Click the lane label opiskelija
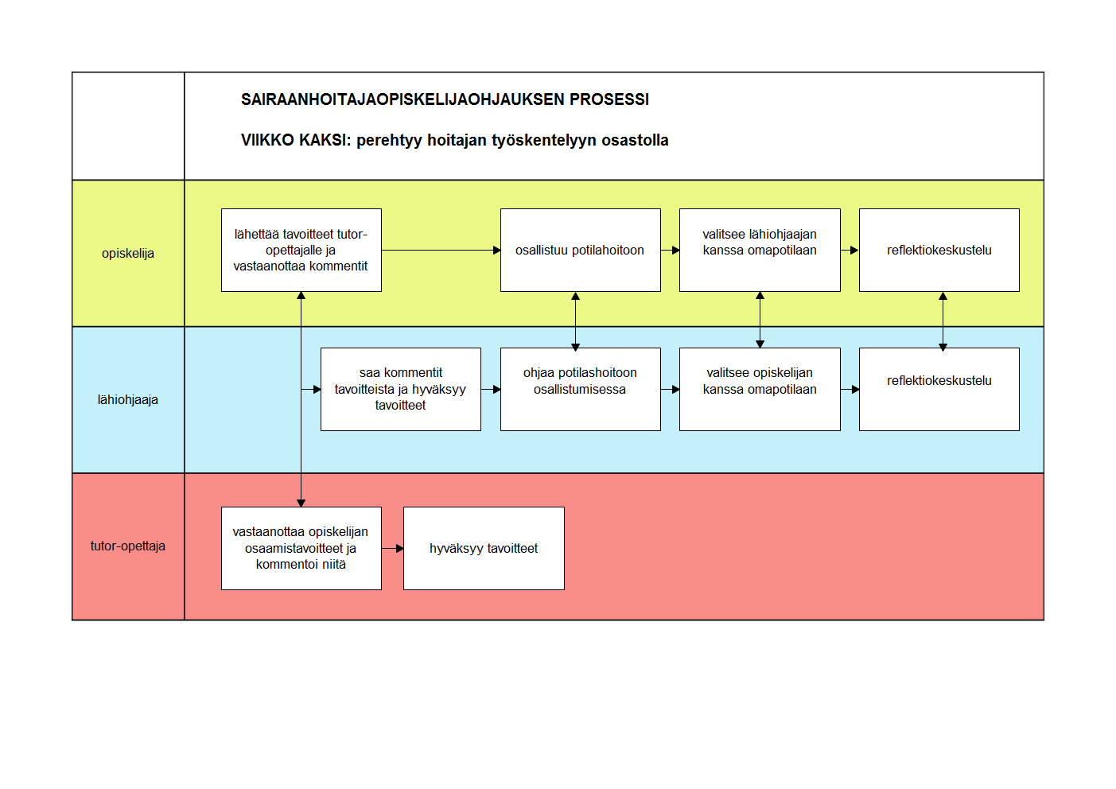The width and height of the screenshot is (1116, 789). [x=128, y=253]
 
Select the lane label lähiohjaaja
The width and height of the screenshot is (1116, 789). [x=128, y=399]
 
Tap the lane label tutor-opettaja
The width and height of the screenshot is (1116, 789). [x=128, y=546]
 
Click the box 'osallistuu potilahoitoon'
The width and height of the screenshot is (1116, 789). [x=581, y=250]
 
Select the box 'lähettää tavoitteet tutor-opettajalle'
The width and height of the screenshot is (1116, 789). [x=301, y=250]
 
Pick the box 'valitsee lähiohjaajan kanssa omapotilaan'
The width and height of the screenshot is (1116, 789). [x=760, y=250]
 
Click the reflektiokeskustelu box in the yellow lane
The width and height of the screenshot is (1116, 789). [x=939, y=250]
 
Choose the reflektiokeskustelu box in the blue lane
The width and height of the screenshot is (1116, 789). [x=939, y=389]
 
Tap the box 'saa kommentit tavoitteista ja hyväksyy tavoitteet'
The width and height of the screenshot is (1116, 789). [x=401, y=389]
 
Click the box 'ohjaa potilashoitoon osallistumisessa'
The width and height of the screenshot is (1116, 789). [x=581, y=389]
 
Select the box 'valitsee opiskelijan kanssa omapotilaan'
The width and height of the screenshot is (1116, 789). [x=760, y=389]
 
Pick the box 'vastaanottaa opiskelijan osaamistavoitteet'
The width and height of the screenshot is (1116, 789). [x=301, y=549]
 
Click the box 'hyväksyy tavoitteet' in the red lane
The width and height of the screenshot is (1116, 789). [x=484, y=549]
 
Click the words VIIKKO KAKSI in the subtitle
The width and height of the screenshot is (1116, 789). [x=296, y=140]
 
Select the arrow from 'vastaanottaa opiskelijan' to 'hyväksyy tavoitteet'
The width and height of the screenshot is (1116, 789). [x=393, y=549]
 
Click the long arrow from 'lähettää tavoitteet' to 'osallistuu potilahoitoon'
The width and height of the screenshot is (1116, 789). [x=441, y=250]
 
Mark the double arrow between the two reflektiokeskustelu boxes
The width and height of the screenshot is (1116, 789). [x=943, y=322]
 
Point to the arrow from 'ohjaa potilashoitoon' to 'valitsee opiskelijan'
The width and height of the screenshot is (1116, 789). [x=671, y=390]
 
